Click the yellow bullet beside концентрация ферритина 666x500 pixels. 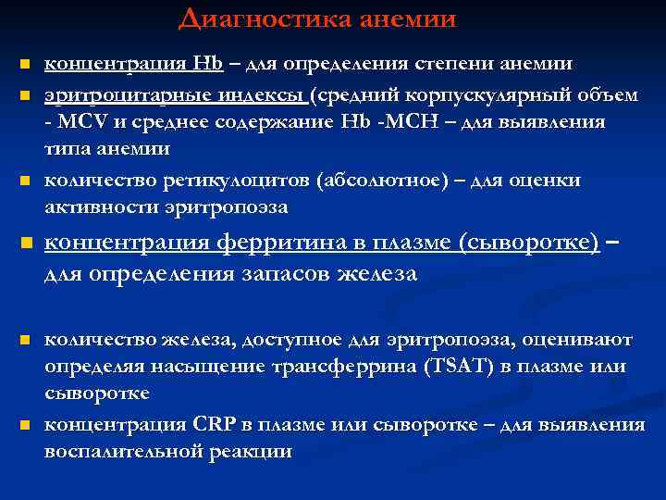point(27,244)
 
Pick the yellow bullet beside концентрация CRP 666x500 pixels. point(27,426)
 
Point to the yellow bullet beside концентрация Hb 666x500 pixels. point(27,65)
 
